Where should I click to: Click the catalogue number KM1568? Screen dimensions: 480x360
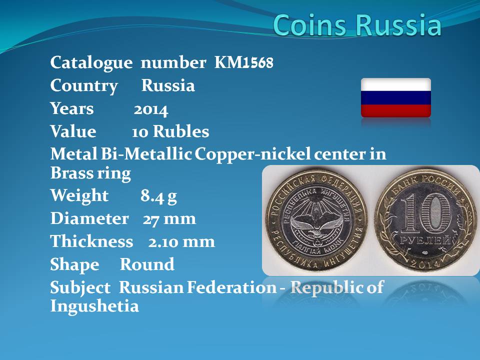coord(243,62)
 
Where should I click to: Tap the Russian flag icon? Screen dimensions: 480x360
coord(396,97)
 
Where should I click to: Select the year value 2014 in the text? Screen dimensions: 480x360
coord(151,110)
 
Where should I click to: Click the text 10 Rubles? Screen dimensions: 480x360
coord(170,131)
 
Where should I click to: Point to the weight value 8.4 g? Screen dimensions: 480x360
coord(158,196)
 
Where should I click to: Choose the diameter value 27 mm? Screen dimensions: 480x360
coord(169,219)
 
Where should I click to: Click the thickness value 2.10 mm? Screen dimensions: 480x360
coord(181,242)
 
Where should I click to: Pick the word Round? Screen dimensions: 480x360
coord(147,264)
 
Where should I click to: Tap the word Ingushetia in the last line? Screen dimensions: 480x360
coord(94,306)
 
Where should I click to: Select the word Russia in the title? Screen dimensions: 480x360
coord(399,25)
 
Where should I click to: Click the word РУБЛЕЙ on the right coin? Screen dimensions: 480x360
coord(425,240)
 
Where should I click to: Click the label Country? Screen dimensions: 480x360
coord(84,85)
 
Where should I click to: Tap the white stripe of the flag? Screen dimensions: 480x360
coord(396,84)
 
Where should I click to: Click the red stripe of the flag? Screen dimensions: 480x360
coord(396,111)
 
